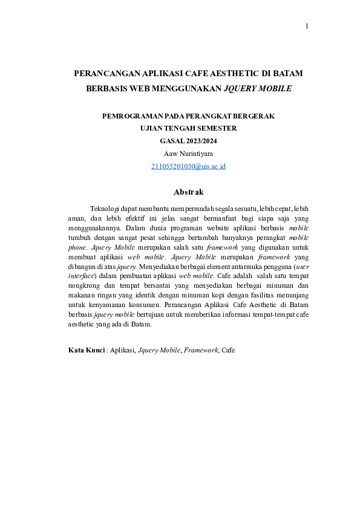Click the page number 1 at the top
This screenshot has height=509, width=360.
[x=307, y=26]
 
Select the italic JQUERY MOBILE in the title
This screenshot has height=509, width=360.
[x=258, y=88]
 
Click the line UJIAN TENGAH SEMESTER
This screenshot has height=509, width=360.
[x=188, y=128]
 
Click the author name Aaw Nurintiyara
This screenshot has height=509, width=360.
[x=188, y=154]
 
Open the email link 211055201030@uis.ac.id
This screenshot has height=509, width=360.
[x=188, y=166]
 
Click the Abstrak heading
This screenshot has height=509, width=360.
[x=188, y=192]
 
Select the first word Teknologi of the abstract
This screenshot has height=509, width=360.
[x=105, y=208]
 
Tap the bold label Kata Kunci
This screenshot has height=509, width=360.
[x=87, y=350]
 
